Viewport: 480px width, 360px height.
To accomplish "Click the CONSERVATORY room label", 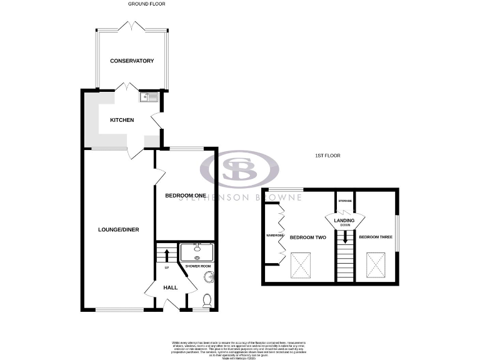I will coord(131,61).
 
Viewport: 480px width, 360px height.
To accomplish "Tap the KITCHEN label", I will coord(122,120).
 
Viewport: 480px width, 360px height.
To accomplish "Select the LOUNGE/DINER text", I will coord(118,229).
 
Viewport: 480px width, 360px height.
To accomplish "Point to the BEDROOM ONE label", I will coord(186,196).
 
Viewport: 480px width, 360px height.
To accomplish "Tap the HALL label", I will coord(170,287).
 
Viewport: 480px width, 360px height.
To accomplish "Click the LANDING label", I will coord(344,221).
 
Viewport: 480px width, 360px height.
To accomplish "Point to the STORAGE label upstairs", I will coord(344,201).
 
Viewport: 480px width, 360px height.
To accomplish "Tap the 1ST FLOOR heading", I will coord(328,156).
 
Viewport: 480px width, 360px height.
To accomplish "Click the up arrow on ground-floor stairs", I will coord(167,254).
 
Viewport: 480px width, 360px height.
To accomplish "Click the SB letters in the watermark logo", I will coord(239,169).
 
